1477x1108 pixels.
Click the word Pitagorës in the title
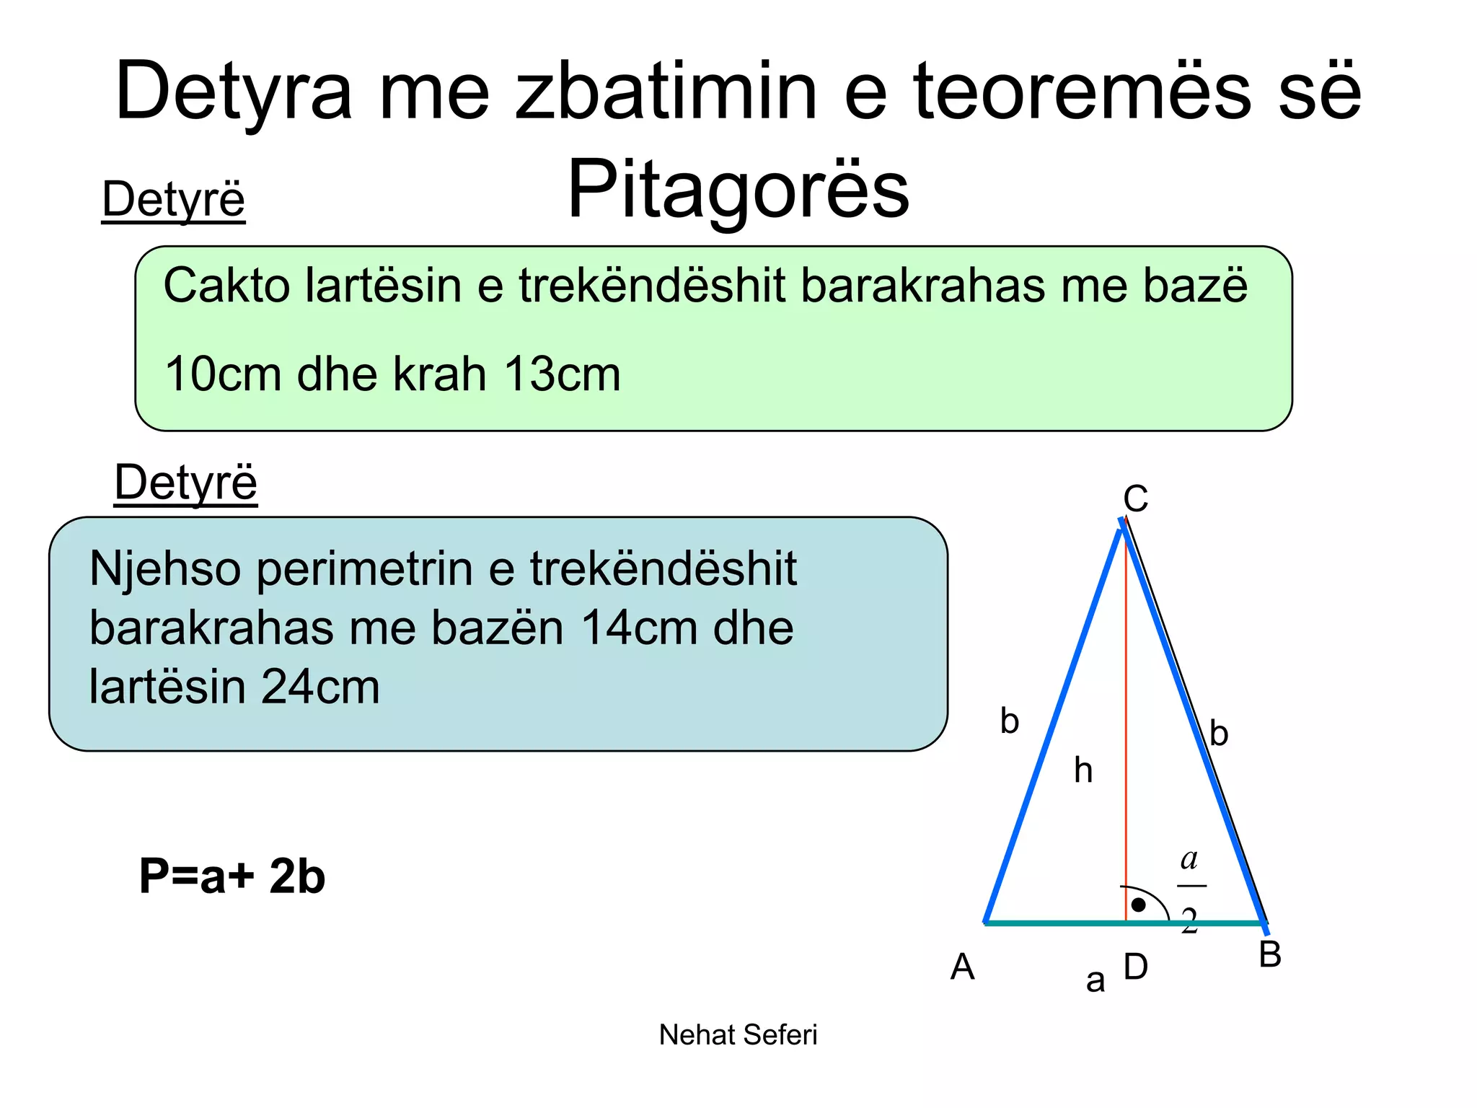pos(738,190)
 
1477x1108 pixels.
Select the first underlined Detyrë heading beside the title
pos(173,201)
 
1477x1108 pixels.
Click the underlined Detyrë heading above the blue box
pos(185,483)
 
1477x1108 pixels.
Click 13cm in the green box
pos(562,374)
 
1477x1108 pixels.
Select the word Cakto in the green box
pos(226,285)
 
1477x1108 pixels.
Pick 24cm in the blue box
pos(319,687)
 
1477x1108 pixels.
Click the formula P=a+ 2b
pos(232,876)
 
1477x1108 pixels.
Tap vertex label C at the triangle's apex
pos(1135,498)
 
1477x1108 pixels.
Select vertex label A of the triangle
pos(963,967)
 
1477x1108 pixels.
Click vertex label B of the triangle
pos(1270,954)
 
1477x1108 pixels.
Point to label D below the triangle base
pos(1136,967)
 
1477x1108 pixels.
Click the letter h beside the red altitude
pos(1083,770)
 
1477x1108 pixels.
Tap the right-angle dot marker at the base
pos(1138,905)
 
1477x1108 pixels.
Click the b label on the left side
pos(1010,721)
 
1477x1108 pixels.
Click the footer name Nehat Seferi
pos(738,1035)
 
